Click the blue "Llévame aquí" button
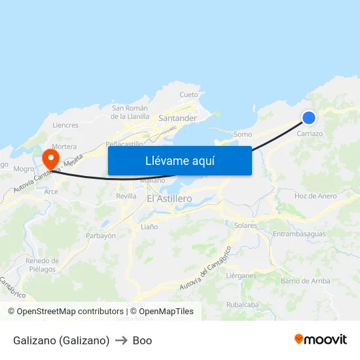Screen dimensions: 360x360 click(179, 160)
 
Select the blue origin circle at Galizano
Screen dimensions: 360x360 click(309, 118)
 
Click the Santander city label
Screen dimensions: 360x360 click(177, 118)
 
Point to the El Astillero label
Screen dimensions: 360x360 click(169, 198)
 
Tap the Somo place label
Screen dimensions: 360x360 click(242, 134)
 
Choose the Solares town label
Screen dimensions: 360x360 click(245, 225)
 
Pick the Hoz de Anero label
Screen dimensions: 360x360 click(315, 196)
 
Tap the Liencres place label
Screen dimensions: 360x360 click(65, 125)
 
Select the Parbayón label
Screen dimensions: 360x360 click(101, 236)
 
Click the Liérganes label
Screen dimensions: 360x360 click(241, 276)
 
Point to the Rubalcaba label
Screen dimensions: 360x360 click(242, 304)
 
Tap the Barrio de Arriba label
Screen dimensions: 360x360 click(305, 281)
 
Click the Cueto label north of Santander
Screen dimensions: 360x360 click(189, 95)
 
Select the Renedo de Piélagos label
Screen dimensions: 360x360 click(42, 265)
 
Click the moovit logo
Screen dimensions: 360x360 click(321, 340)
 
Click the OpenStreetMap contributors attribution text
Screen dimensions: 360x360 click(70, 312)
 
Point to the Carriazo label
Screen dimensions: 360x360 click(310, 134)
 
